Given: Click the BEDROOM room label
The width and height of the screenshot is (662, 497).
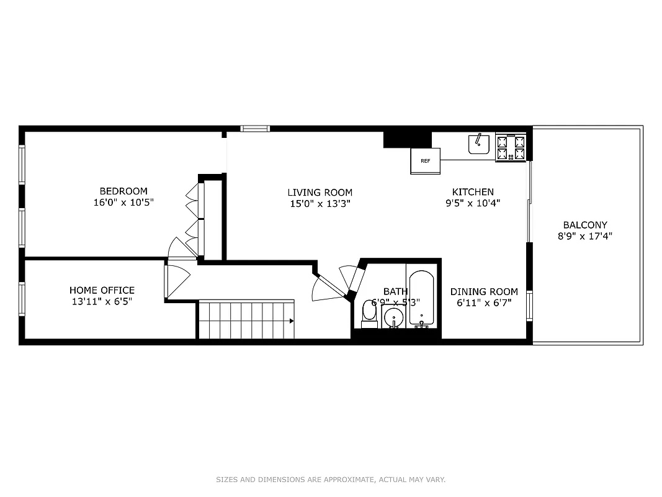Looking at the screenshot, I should [x=123, y=191].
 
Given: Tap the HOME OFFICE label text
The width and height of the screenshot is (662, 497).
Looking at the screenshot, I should [x=102, y=290].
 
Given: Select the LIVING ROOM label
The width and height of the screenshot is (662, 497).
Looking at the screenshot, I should [x=320, y=193].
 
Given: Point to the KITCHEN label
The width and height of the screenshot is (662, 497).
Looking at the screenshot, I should [x=473, y=192].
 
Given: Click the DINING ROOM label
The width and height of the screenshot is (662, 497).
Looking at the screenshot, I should [x=484, y=292].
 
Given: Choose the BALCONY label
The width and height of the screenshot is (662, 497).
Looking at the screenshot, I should [x=585, y=225].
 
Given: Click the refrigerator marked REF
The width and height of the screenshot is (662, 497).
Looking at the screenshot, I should [x=425, y=161].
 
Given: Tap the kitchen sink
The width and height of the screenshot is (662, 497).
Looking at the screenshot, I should [x=478, y=144].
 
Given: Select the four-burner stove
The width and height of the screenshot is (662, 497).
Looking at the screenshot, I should [x=511, y=148].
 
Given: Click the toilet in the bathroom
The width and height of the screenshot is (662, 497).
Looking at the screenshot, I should [x=369, y=314].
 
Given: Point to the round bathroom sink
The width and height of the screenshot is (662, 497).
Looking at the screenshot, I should [x=393, y=319].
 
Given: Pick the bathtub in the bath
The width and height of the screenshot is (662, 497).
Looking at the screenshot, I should [x=423, y=298].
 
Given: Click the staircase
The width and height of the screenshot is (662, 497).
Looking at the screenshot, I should [x=246, y=321].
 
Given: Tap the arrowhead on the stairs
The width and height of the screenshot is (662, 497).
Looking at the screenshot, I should [x=292, y=321].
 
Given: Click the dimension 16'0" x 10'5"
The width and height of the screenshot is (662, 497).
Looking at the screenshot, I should [x=123, y=203].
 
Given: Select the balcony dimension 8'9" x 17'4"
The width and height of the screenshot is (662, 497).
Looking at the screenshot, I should [x=585, y=236].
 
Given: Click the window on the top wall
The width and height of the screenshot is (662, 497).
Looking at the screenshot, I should [x=255, y=129].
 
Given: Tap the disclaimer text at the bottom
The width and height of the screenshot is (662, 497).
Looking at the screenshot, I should [x=331, y=480].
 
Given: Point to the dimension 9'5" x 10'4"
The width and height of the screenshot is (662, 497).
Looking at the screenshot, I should [x=473, y=203].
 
